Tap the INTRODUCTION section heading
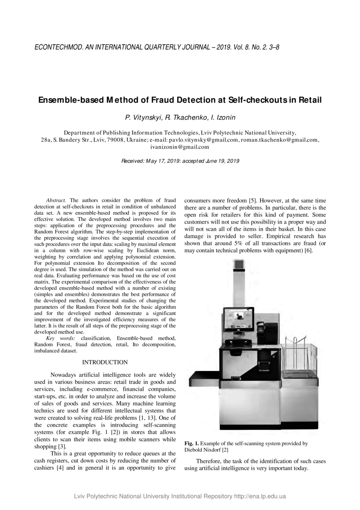pyautogui.click(x=105, y=362)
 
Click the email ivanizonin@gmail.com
pyautogui.click(x=180, y=147)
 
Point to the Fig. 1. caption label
pyautogui.click(x=192, y=443)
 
